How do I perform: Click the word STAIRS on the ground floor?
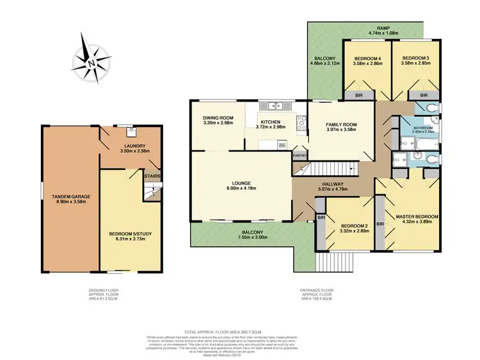click(152, 176)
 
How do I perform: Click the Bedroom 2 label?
click(353, 226)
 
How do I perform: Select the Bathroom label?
click(423, 128)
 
